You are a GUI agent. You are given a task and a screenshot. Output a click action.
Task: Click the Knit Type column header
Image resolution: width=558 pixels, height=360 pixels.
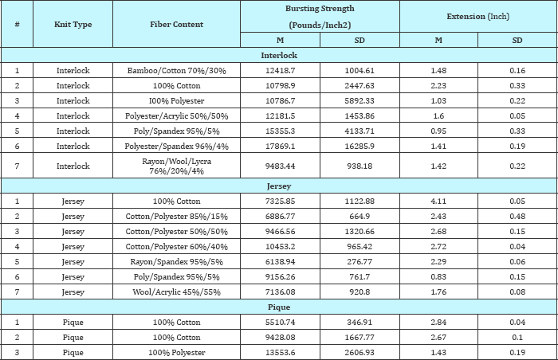pos(73,24)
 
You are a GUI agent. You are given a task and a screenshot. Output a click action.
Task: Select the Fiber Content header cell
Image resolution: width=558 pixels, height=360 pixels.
pos(176,24)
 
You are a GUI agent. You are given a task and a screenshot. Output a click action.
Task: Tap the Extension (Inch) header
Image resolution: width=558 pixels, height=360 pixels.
pos(478,17)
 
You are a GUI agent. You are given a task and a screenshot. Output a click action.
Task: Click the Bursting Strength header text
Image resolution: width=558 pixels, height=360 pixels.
pos(320,9)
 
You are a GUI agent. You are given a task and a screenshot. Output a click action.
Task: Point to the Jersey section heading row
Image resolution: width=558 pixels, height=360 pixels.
pos(279,186)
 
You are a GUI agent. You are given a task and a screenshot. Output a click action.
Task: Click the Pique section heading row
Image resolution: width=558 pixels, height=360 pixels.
pos(279,307)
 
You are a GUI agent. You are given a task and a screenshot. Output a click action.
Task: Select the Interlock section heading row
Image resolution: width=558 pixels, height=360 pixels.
pos(279,55)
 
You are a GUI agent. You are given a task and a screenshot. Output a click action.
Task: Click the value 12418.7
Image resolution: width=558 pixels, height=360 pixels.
pos(280,70)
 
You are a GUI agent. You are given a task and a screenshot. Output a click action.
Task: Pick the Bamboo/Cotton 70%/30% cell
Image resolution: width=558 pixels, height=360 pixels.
pos(176,70)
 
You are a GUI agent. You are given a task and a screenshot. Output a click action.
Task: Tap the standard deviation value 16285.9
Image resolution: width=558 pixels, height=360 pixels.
pos(360,147)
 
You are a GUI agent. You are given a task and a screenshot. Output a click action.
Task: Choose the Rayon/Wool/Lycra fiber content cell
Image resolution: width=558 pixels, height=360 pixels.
pos(176,166)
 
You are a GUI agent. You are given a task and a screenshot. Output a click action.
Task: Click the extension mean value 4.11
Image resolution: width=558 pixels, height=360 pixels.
pos(438,202)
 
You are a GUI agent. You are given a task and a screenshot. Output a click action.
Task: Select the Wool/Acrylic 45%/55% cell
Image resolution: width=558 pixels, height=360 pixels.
pos(176,292)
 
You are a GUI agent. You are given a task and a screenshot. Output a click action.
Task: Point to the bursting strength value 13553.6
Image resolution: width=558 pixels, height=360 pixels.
pos(280,353)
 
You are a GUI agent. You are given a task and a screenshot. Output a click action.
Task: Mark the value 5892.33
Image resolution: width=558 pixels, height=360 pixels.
pos(360,100)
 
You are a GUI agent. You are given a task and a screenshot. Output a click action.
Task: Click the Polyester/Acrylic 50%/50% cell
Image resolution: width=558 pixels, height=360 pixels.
pos(176,116)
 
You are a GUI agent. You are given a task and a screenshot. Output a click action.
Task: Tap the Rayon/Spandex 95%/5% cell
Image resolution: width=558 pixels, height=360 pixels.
pos(176,262)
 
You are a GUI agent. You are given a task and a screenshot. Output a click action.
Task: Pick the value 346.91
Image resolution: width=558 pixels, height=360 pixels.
pos(360,323)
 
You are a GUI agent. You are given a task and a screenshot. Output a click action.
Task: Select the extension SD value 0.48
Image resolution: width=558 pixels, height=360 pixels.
pos(517,217)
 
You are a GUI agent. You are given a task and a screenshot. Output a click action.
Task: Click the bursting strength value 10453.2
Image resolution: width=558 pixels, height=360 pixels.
pos(280,247)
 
